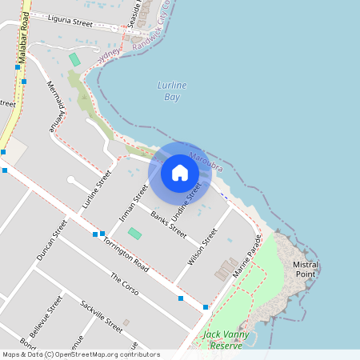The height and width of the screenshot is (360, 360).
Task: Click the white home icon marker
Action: coord(180,172)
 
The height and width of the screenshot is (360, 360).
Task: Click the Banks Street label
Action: coord(168,223)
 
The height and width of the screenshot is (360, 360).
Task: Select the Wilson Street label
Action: coord(202,247)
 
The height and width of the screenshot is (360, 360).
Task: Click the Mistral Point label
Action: coord(306,269)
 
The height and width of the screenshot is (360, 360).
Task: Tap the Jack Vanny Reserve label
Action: coord(222,339)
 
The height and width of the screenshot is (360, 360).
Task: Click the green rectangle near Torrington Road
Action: coord(134,234)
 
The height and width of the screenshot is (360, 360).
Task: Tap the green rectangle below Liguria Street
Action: coord(74,59)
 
